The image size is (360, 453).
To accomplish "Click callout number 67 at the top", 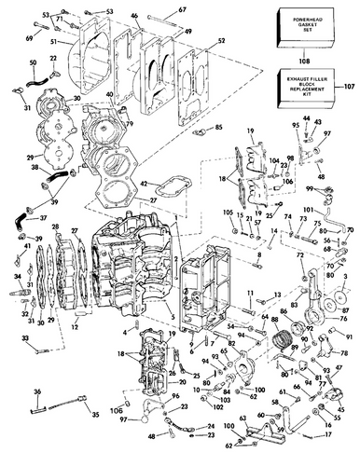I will tap(182, 9).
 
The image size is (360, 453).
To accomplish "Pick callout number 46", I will tap(133, 16).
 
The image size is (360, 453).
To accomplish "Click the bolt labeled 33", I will tap(38, 350).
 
